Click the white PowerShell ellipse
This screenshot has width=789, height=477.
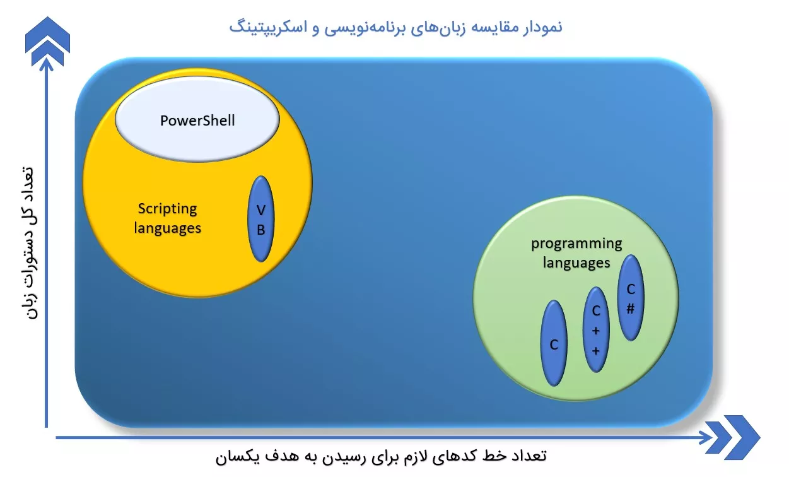(x=197, y=119)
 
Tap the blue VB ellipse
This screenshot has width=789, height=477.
(x=260, y=219)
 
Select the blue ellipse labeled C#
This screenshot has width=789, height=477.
(x=631, y=298)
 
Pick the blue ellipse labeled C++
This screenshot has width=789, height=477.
(x=596, y=330)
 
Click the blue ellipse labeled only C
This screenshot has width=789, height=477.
(x=554, y=343)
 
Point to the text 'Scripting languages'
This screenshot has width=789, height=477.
(x=167, y=218)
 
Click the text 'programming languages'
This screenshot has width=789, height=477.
(x=576, y=253)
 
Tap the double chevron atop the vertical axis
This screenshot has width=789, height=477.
(x=47, y=42)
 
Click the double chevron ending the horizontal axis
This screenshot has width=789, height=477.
(x=733, y=437)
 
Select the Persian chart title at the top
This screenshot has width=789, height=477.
(x=395, y=27)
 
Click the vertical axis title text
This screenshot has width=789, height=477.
(x=28, y=243)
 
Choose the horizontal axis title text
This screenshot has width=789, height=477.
(x=381, y=457)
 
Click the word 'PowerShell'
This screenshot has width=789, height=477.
(x=197, y=121)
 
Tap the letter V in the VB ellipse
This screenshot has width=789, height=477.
(x=260, y=210)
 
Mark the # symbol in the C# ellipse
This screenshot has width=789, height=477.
(x=631, y=309)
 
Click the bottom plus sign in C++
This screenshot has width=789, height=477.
(x=595, y=351)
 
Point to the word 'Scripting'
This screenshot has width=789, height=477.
(x=167, y=209)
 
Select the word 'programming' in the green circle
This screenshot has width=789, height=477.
(x=576, y=244)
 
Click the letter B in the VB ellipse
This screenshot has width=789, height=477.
(x=260, y=230)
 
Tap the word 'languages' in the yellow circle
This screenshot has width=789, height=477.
(x=167, y=228)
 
